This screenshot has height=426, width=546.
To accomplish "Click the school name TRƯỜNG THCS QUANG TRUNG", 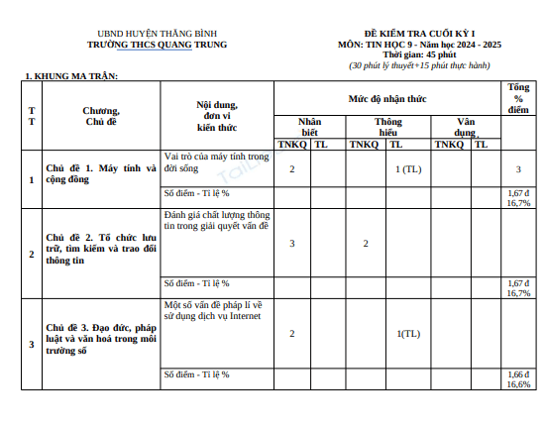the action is (x=157, y=45).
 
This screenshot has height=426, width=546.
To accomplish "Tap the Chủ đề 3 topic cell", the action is (x=101, y=339).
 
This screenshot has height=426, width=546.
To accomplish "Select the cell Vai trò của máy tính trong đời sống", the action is (x=216, y=162).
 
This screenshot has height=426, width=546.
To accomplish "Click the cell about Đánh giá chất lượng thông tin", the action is (x=216, y=220).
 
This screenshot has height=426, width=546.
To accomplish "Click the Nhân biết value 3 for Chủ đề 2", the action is (x=291, y=244).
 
